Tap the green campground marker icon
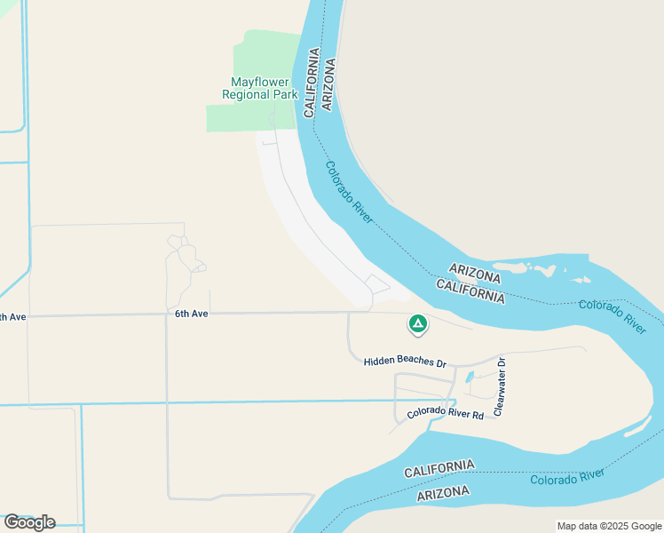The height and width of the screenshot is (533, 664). pyautogui.click(x=417, y=324)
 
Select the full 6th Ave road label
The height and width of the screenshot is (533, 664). pyautogui.click(x=191, y=314)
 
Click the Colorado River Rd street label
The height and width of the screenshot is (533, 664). pyautogui.click(x=446, y=414)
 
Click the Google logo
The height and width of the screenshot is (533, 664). pyautogui.click(x=29, y=521)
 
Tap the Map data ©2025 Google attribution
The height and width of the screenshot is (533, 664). pyautogui.click(x=609, y=526)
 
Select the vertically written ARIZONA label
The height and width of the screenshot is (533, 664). pyautogui.click(x=328, y=84)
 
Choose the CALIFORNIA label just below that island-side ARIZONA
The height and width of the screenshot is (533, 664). pyautogui.click(x=470, y=290)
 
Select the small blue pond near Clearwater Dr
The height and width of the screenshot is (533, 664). pyautogui.click(x=470, y=377)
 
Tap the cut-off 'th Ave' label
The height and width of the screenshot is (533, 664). pyautogui.click(x=13, y=317)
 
